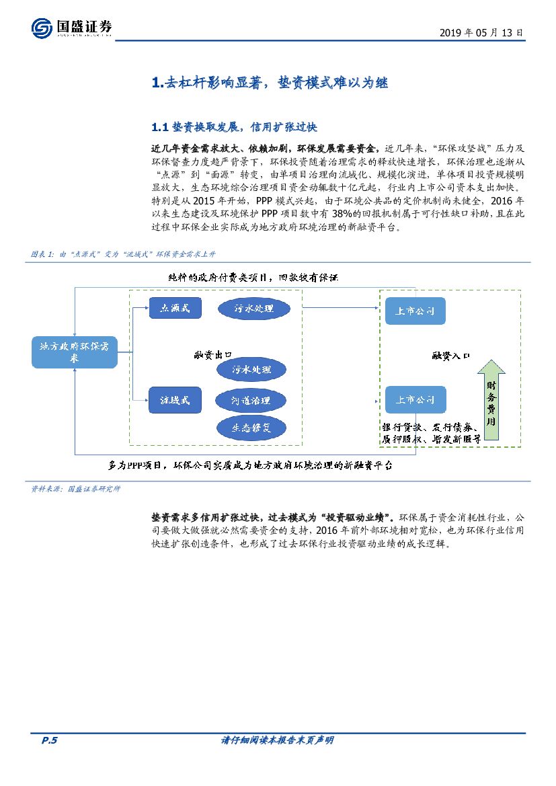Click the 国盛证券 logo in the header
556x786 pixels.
click(x=71, y=28)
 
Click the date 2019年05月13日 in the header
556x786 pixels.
click(x=481, y=32)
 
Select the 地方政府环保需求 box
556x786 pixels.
click(x=75, y=352)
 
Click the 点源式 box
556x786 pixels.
click(x=175, y=308)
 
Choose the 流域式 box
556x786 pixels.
click(x=175, y=399)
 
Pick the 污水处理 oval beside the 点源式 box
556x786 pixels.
click(x=254, y=309)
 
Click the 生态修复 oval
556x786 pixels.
click(x=251, y=427)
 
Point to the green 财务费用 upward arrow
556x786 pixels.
click(x=491, y=399)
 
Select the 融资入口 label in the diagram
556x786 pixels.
click(x=450, y=354)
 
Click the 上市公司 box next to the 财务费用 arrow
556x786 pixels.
click(x=415, y=399)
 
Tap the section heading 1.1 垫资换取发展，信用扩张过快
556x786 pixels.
click(x=229, y=126)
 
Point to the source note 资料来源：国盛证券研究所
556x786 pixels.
click(x=76, y=489)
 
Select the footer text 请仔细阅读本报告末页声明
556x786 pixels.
click(x=277, y=740)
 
